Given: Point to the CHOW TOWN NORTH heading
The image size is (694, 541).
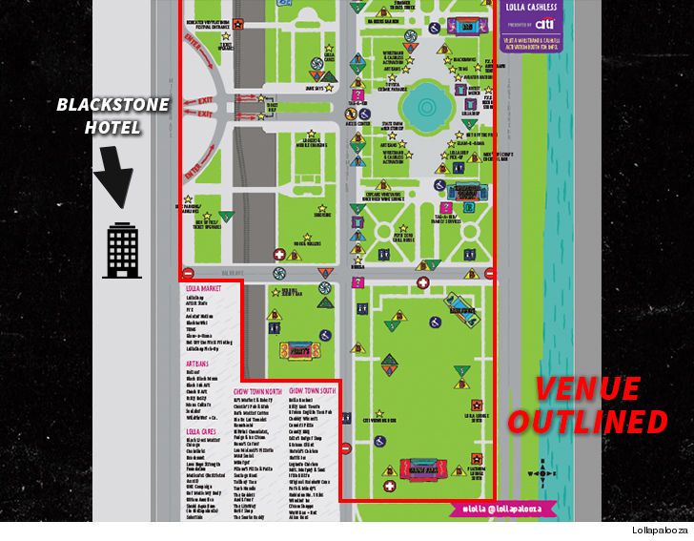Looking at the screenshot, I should (258, 390).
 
